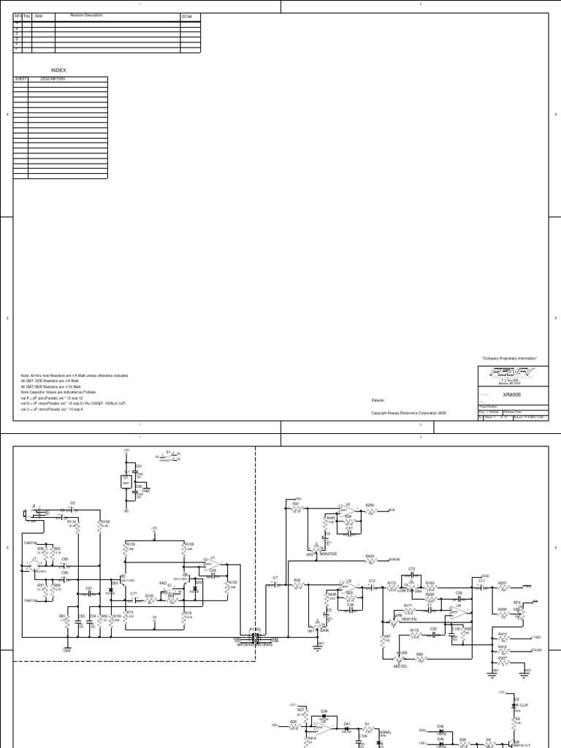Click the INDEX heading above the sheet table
58,70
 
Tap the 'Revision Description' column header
86,15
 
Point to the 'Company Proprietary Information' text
509,359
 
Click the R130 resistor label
131,544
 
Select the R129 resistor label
189,544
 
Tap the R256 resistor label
370,505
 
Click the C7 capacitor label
275,578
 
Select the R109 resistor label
104,522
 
